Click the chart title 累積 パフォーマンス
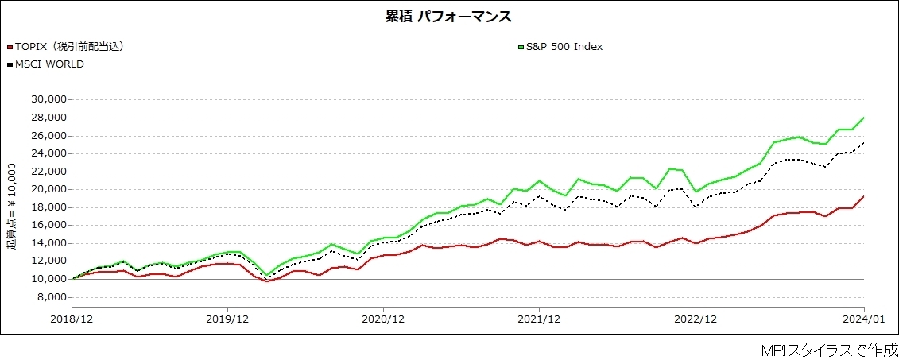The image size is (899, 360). point(449,16)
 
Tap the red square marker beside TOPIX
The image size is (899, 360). point(10,47)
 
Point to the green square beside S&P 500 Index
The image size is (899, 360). point(521,47)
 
